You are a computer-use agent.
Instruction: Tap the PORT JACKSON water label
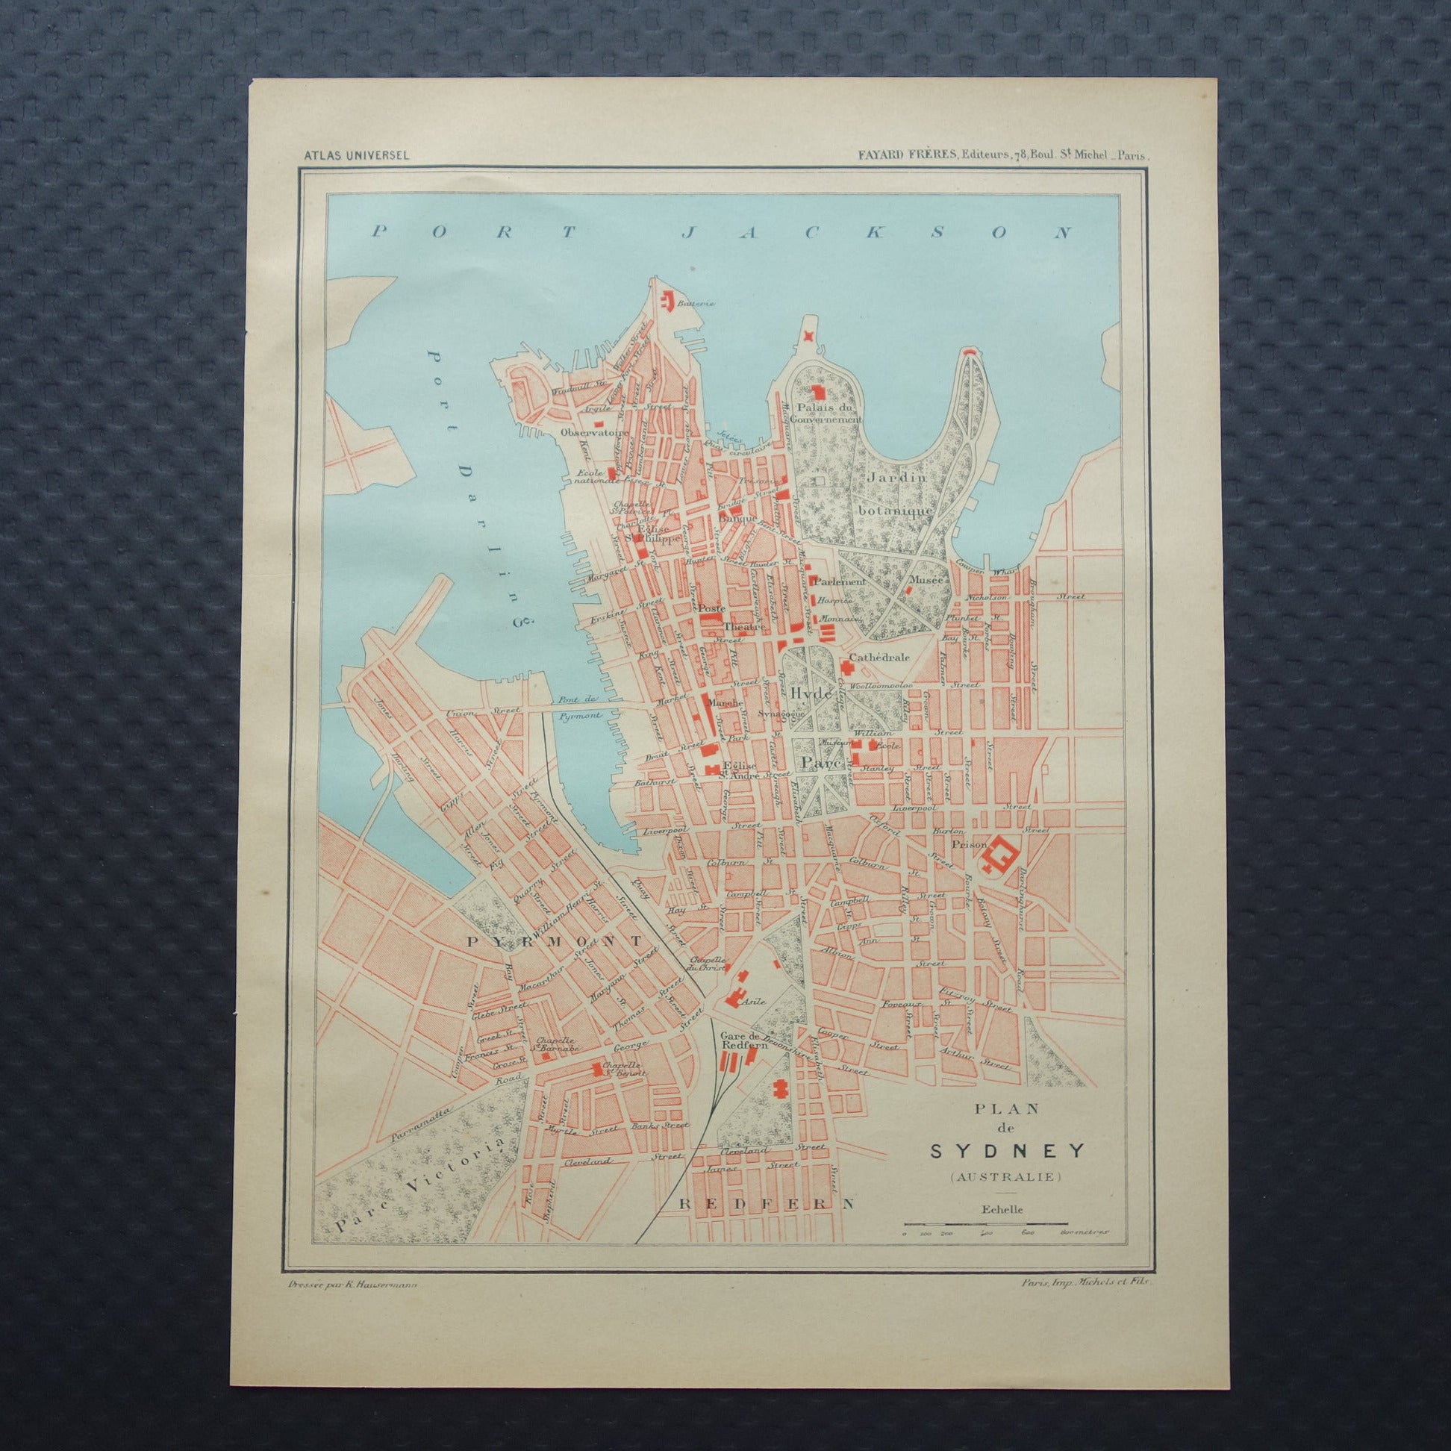(x=721, y=232)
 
